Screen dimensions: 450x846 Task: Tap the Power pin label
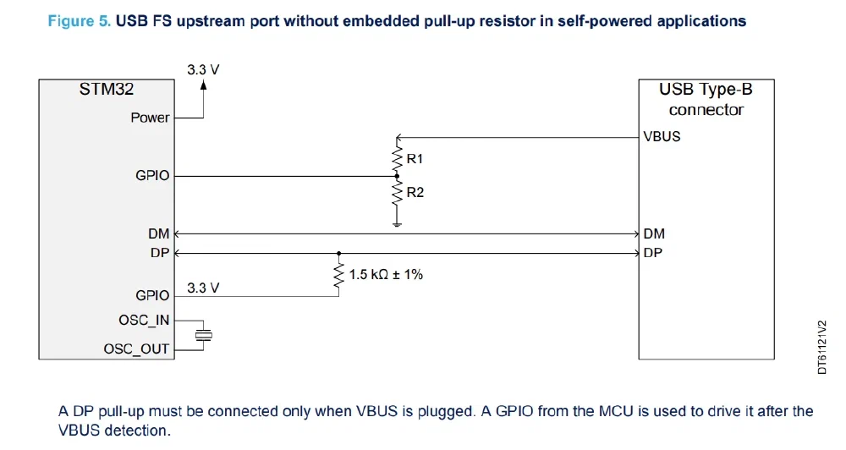150,118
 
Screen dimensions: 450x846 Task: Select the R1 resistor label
415,157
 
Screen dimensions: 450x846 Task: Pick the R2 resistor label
415,193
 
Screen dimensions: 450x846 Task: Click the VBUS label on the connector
662,136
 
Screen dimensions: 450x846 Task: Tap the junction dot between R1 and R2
396,176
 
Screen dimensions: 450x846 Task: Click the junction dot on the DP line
339,252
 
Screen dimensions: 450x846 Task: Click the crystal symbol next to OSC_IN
201,335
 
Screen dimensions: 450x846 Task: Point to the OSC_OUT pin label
136,348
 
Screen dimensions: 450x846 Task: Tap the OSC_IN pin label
144,321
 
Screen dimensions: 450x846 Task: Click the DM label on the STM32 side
159,233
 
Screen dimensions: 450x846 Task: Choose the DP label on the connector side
653,252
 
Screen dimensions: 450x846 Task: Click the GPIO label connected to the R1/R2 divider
152,176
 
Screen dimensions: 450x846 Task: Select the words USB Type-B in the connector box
706,90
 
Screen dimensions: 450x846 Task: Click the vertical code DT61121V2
821,347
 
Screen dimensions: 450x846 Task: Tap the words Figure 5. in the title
80,21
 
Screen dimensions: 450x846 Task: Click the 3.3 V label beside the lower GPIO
203,288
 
